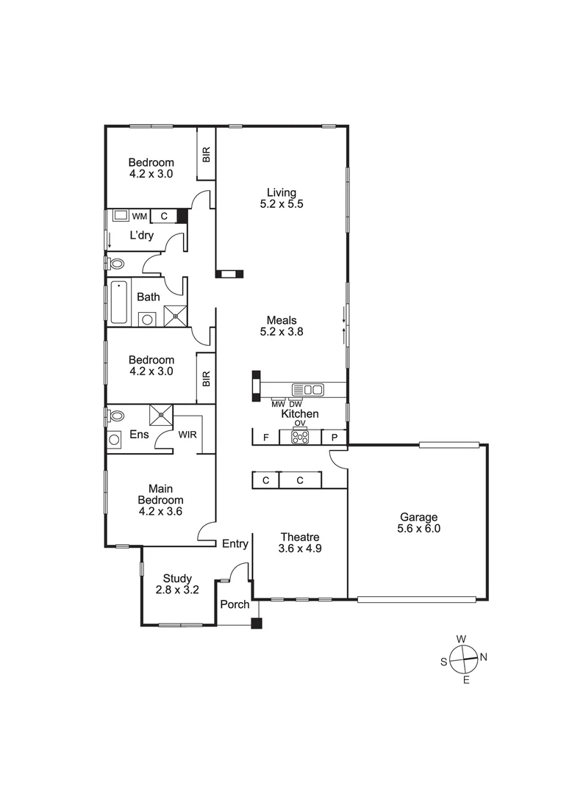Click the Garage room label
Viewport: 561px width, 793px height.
point(420,515)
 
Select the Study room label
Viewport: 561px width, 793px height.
point(177,577)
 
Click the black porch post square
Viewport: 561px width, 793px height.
point(256,624)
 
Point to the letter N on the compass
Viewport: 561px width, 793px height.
point(483,657)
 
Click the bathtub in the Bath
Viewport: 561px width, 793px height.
point(119,302)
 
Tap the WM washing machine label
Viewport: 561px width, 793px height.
point(139,216)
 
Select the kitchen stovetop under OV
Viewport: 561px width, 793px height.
point(300,436)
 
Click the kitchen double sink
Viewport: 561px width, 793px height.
point(307,390)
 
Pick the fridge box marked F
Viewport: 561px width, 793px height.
point(265,437)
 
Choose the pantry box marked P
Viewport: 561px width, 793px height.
point(335,437)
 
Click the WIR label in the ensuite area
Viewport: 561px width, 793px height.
point(187,435)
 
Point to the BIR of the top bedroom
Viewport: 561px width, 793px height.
point(207,154)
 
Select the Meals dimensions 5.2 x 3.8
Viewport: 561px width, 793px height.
point(282,331)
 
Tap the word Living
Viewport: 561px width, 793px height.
point(282,192)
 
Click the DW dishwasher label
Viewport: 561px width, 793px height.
point(296,405)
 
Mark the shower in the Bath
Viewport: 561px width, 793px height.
point(175,315)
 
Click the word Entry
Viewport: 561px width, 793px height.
point(235,543)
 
